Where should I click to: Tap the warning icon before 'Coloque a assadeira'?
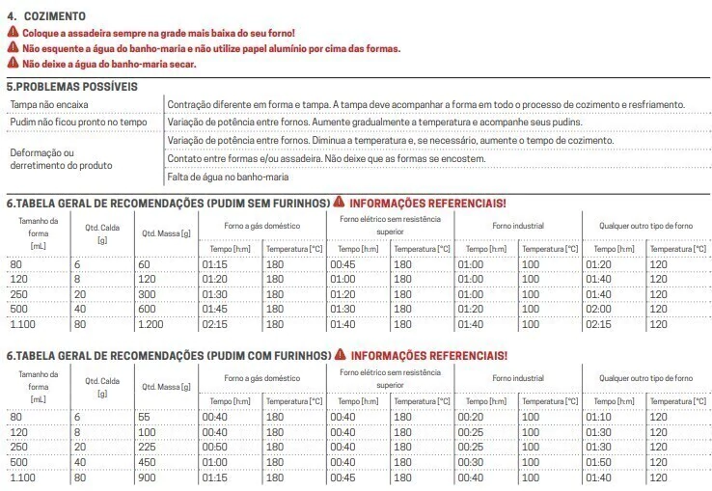coord(12,33)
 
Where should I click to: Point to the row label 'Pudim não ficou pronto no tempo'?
coord(78,123)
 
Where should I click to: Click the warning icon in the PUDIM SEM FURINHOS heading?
coord(339,203)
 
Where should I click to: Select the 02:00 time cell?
coord(599,309)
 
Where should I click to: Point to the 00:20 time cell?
coord(472,417)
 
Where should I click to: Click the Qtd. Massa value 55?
coord(146,417)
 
